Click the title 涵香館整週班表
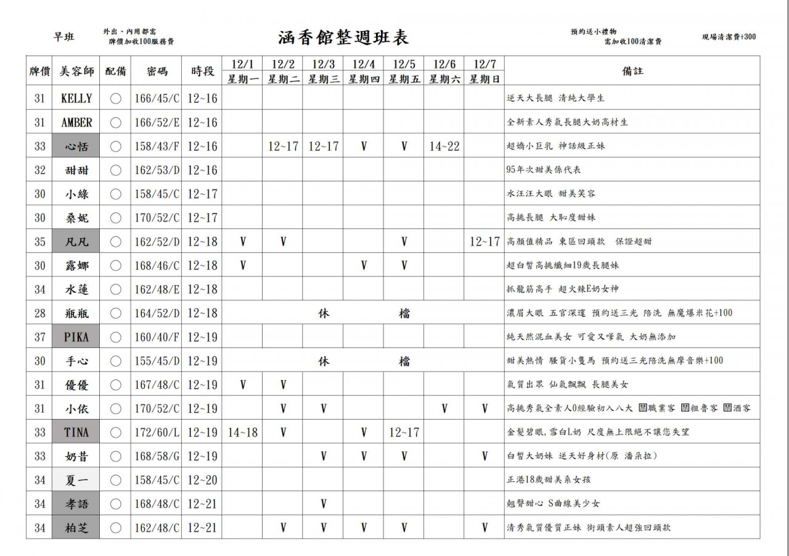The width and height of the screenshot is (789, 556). [x=343, y=37]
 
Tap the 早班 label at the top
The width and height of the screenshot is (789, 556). [x=63, y=37]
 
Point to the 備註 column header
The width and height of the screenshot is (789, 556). [x=632, y=71]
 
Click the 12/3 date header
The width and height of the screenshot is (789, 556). [x=323, y=64]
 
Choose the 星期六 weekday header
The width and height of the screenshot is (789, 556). [x=444, y=79]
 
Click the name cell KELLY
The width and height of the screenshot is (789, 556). [x=76, y=99]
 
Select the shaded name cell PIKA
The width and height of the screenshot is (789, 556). [x=76, y=337]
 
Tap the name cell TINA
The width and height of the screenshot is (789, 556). [x=76, y=433]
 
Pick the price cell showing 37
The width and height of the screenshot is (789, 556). [x=40, y=337]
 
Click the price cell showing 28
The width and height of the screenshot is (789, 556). [x=40, y=313]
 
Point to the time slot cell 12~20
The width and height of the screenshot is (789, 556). [x=202, y=480]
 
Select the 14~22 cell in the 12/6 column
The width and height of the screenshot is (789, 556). [x=444, y=146]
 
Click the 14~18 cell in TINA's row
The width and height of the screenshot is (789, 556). [x=243, y=433]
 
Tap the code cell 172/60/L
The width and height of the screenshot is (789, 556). [x=157, y=433]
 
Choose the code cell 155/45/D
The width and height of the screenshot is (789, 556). [x=157, y=361]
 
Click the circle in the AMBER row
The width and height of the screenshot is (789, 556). [x=115, y=123]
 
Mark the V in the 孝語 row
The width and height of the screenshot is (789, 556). [x=324, y=504]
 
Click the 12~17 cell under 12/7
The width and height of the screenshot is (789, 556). [x=484, y=242]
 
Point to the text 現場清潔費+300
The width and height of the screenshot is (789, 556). [x=729, y=37]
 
